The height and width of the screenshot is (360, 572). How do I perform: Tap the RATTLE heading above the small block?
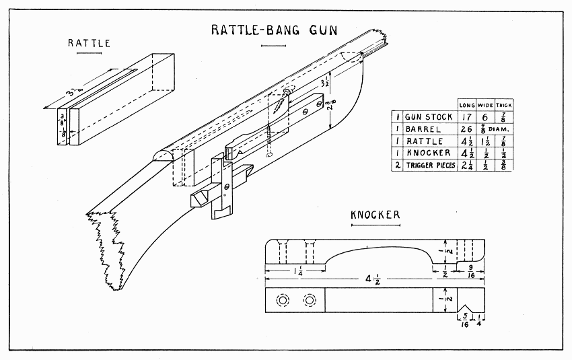click(x=88, y=43)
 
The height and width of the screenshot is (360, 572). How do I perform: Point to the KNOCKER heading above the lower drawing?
click(x=376, y=215)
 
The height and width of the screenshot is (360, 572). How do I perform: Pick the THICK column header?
click(x=504, y=104)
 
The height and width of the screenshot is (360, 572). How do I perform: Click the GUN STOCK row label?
click(x=426, y=116)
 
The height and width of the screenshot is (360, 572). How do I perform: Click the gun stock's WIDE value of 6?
click(x=485, y=116)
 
